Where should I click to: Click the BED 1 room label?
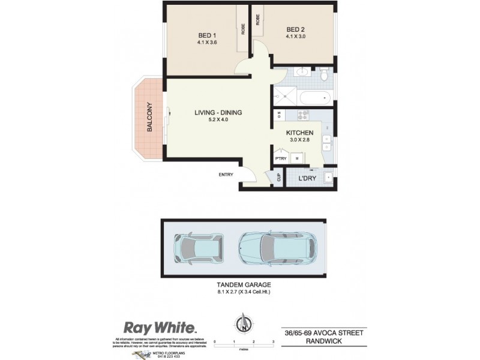(x=206, y=35)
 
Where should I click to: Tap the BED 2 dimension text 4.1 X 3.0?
(x=298, y=37)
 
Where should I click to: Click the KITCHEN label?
(x=298, y=133)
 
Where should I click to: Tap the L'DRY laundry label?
(x=308, y=178)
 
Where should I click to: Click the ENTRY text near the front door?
(x=226, y=175)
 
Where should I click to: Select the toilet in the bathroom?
(x=324, y=75)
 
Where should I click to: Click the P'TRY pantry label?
(x=280, y=158)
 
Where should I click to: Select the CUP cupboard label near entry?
(x=279, y=178)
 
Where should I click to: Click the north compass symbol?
(x=243, y=325)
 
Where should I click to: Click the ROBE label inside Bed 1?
(x=243, y=28)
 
